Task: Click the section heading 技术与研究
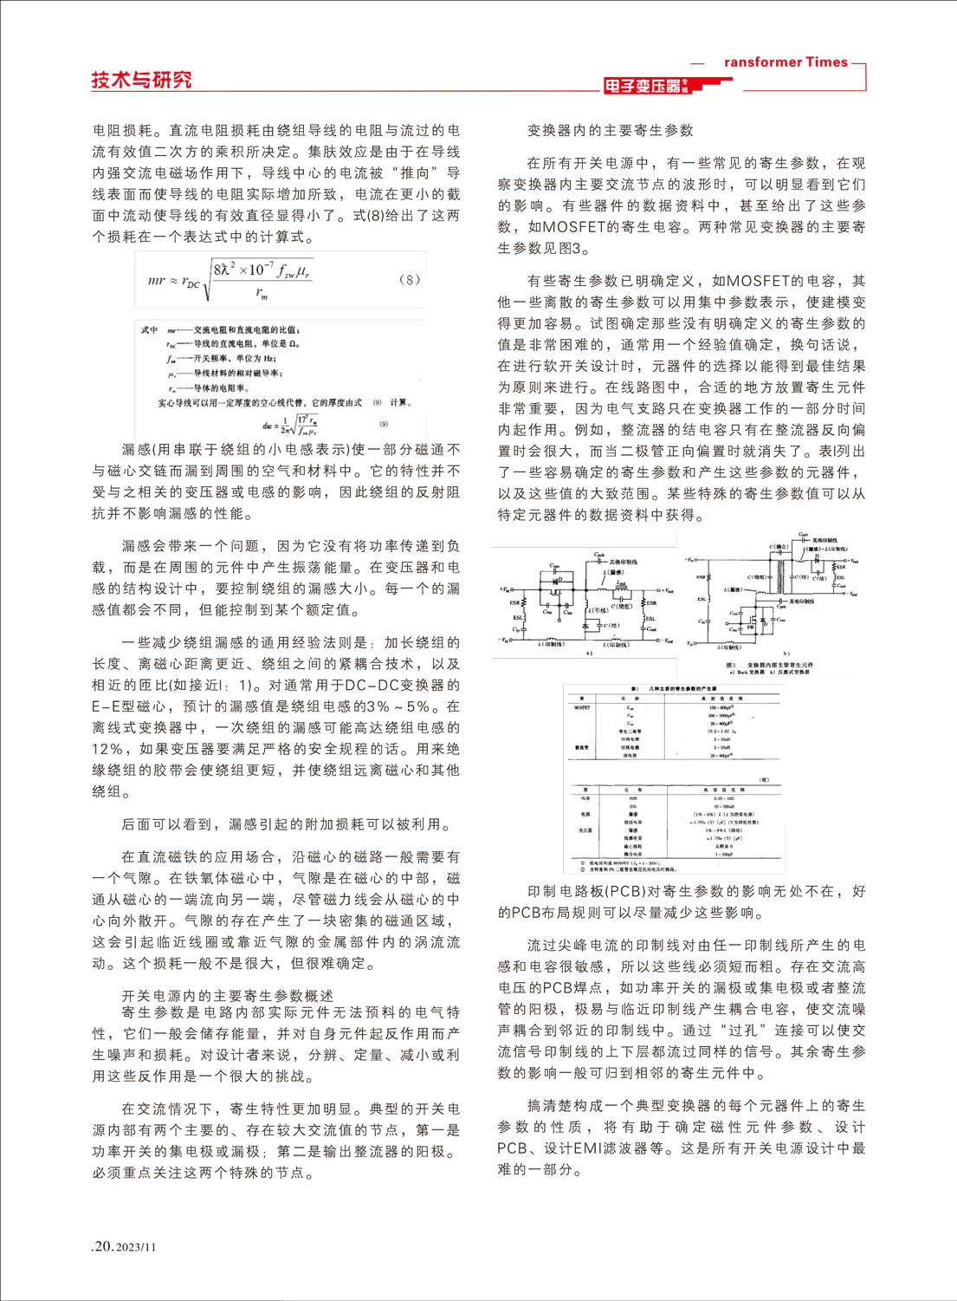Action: (x=141, y=80)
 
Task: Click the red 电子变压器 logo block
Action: (x=646, y=85)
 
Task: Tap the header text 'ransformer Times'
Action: (x=786, y=62)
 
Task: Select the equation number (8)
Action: (x=409, y=279)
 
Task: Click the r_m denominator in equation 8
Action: (x=262, y=295)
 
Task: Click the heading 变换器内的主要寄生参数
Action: (x=611, y=130)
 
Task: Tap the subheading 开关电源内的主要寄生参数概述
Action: (x=227, y=996)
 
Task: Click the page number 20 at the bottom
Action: (x=103, y=1246)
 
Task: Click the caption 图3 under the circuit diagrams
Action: (x=730, y=665)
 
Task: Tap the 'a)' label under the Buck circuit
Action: (x=590, y=653)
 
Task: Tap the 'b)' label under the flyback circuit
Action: (x=786, y=653)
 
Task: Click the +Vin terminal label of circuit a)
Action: (x=505, y=589)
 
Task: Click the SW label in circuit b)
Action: (x=750, y=625)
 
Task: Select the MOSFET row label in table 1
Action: (x=582, y=707)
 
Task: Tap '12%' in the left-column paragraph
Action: (x=108, y=749)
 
